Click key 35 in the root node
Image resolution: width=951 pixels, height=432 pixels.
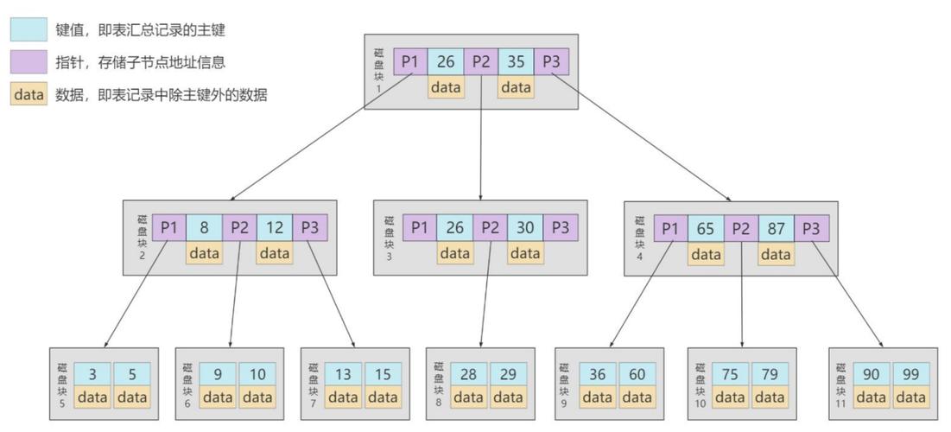(x=516, y=62)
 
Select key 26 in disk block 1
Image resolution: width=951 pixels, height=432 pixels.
(x=446, y=62)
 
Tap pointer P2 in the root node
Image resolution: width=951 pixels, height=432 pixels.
(x=480, y=62)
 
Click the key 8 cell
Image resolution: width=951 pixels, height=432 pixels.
(x=204, y=228)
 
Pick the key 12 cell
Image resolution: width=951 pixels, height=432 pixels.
(x=274, y=228)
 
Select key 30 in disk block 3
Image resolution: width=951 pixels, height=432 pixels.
(x=525, y=228)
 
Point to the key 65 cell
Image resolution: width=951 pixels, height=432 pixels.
(x=706, y=229)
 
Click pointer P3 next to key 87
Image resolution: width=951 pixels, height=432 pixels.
(x=811, y=229)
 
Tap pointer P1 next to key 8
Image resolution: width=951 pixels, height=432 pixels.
(x=169, y=228)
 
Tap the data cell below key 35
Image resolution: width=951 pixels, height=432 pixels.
(x=516, y=87)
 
